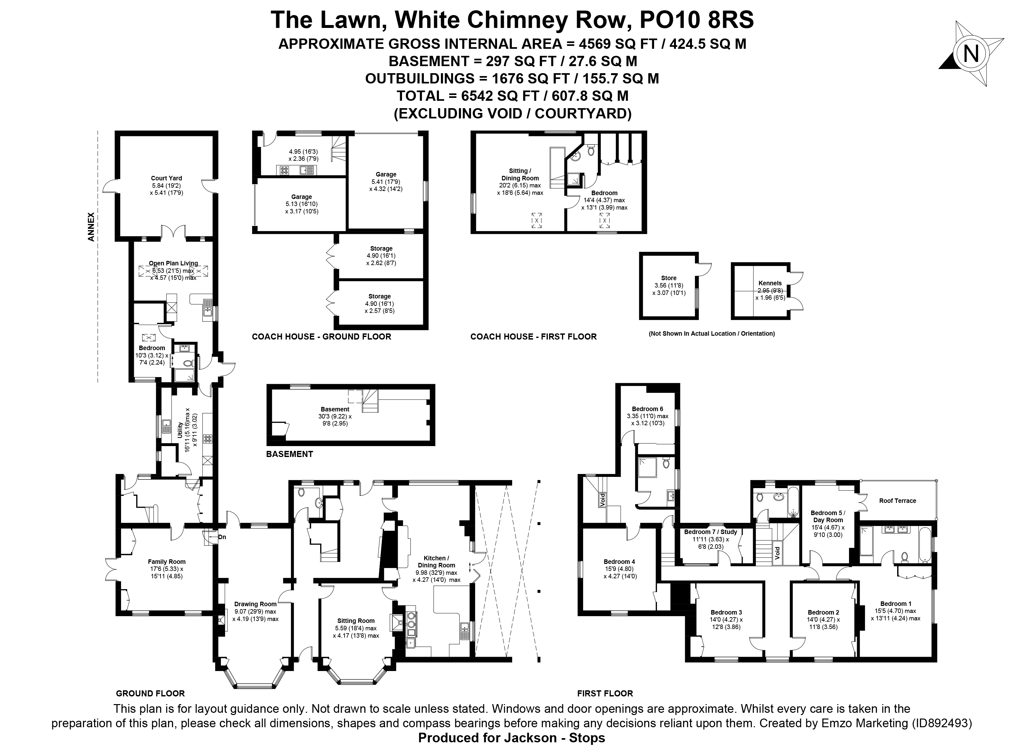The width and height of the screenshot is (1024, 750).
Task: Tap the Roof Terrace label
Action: coord(897,501)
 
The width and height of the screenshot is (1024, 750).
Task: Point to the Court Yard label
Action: coord(166,178)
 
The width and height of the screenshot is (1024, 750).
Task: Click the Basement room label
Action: coord(335,409)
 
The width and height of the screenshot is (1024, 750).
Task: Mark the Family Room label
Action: coord(167,562)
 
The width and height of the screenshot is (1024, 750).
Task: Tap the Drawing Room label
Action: coord(255,604)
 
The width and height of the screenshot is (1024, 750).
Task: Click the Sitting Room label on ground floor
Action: coord(356,621)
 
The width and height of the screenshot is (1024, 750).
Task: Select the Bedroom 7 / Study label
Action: coord(711,532)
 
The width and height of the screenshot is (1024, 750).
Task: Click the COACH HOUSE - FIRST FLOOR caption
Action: coord(533,336)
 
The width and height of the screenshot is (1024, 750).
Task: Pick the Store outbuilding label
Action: coord(669,278)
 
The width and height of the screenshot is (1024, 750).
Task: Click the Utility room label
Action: coord(180,429)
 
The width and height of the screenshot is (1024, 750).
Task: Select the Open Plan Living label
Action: coord(173,263)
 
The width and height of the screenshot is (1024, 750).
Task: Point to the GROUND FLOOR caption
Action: coord(150,693)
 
